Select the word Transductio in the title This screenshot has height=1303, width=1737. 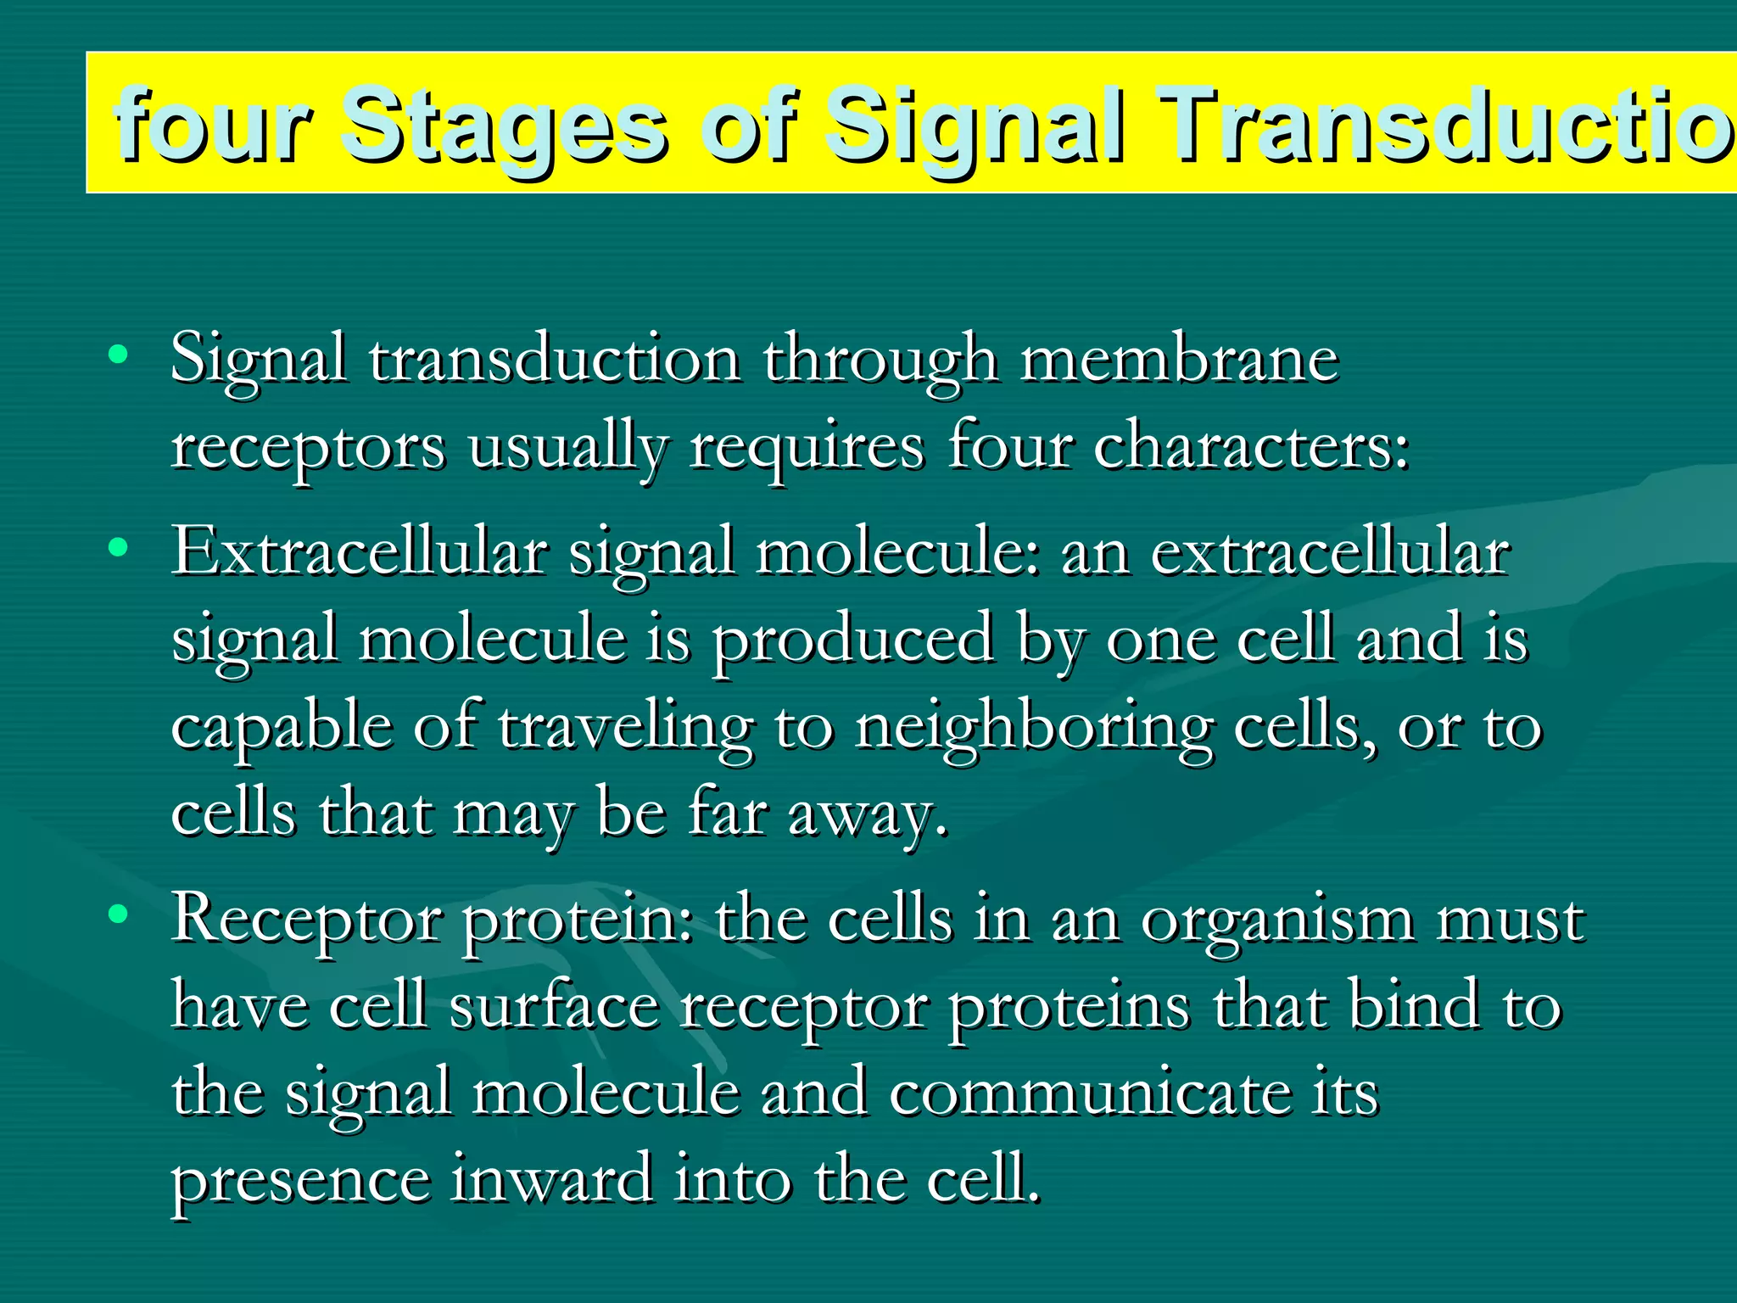pyautogui.click(x=1442, y=126)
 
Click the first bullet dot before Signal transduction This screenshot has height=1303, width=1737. pyautogui.click(x=119, y=354)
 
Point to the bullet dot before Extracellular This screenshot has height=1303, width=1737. pyautogui.click(x=119, y=547)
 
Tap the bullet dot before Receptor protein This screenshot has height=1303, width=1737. pyautogui.click(x=119, y=914)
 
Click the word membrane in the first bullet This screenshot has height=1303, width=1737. pyautogui.click(x=1179, y=359)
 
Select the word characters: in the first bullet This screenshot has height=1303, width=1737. pyautogui.click(x=1251, y=447)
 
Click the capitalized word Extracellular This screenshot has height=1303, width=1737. pyautogui.click(x=360, y=552)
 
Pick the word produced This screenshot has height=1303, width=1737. pyautogui.click(x=852, y=640)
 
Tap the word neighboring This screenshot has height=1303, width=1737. pyautogui.click(x=1034, y=729)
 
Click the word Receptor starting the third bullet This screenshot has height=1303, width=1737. pyautogui.click(x=306, y=920)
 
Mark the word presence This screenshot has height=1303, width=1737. pyautogui.click(x=300, y=1183)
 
